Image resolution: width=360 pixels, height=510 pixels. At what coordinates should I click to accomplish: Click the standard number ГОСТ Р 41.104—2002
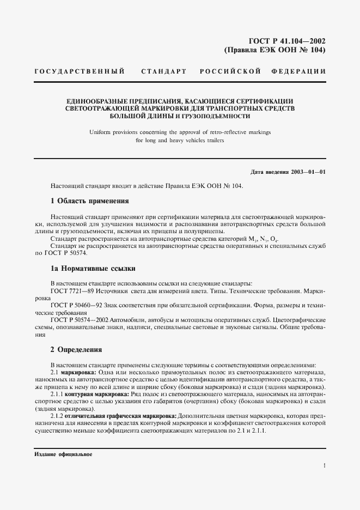pyautogui.click(x=287, y=41)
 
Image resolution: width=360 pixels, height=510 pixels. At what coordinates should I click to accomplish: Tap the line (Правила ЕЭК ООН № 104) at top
pyautogui.click(x=275, y=50)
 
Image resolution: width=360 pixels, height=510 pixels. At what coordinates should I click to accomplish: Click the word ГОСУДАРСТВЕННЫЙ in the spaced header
pyautogui.click(x=80, y=72)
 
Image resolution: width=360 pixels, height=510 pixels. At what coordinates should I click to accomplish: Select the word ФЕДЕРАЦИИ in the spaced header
pyautogui.click(x=301, y=72)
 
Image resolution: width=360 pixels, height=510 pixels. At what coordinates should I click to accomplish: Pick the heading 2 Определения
pyautogui.click(x=76, y=350)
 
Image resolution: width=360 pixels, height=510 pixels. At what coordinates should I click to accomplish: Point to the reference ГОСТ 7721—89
pyautogui.click(x=70, y=292)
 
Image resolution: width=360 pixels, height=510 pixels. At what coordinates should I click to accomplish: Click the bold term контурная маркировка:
pyautogui.click(x=98, y=394)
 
